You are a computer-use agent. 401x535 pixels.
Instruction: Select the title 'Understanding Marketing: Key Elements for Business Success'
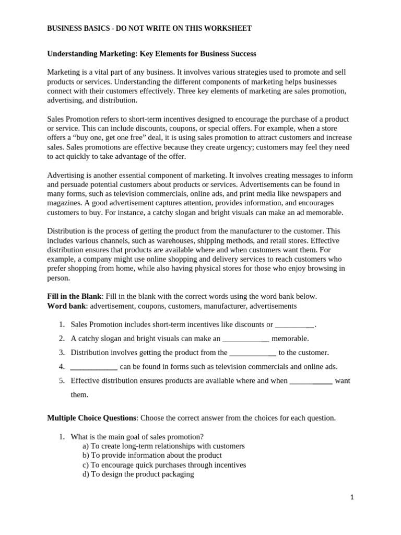pyautogui.click(x=151, y=54)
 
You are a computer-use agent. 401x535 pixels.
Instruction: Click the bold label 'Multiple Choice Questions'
pyautogui.click(x=92, y=418)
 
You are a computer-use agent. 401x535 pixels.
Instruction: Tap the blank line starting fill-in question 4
pyautogui.click(x=93, y=367)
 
